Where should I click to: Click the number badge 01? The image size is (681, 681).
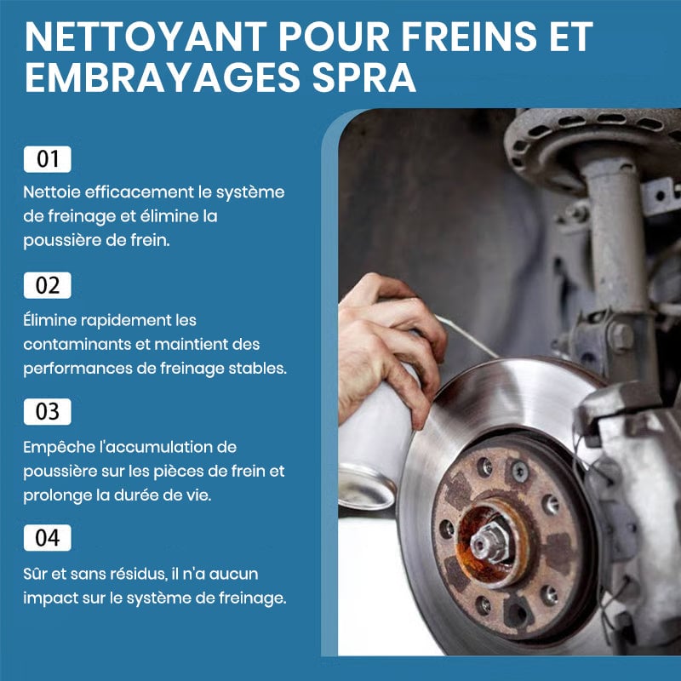[x=48, y=159]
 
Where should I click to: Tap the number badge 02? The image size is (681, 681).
[x=48, y=285]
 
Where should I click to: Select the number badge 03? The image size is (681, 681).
[x=48, y=412]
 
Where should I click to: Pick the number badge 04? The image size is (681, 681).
[x=48, y=538]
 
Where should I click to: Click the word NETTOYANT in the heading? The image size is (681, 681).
[x=146, y=37]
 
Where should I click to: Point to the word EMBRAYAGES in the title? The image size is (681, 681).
[x=163, y=77]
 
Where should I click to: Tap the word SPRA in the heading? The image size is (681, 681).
[x=364, y=77]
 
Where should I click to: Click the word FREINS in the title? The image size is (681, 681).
[x=469, y=37]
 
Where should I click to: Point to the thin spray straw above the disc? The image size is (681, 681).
[x=466, y=336]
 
